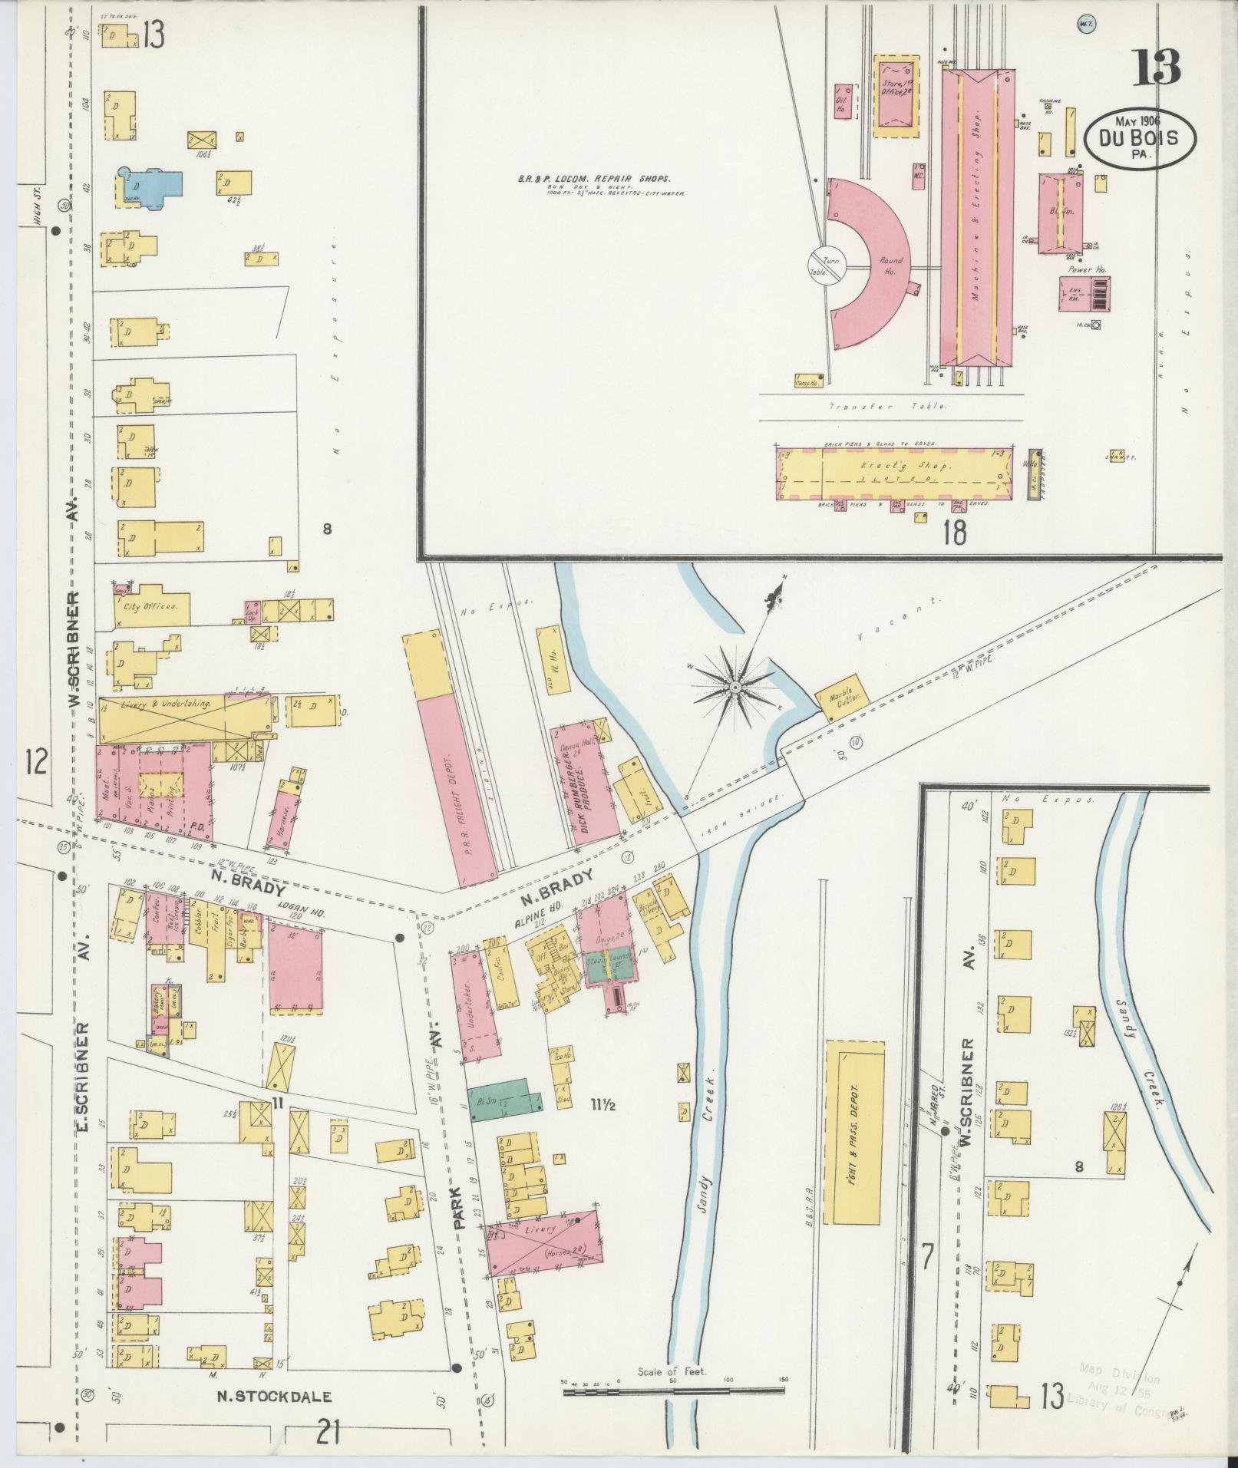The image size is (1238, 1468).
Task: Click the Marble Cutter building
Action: click(x=846, y=697)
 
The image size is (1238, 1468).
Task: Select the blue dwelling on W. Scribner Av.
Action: click(x=150, y=187)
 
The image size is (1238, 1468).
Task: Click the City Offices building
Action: click(x=150, y=605)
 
